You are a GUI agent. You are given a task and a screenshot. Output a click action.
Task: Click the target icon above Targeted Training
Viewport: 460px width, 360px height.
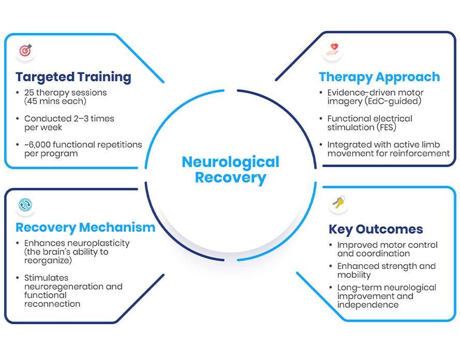(25, 51)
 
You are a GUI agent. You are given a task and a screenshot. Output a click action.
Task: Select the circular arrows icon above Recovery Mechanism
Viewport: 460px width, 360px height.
(25, 205)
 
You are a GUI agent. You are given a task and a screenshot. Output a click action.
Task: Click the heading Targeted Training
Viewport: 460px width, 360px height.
(73, 78)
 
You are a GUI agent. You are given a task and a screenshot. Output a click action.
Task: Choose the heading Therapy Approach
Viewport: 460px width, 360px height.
(379, 78)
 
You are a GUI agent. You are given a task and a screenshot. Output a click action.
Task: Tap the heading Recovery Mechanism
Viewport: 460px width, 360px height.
(85, 227)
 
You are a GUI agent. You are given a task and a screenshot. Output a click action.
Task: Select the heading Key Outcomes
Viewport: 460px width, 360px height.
(376, 229)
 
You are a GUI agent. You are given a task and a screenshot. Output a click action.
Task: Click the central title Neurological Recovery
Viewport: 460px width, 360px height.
(230, 170)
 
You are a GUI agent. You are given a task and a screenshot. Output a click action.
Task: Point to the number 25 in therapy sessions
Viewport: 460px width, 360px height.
(29, 93)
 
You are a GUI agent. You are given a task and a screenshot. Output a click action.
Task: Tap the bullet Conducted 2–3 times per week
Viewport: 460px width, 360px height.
(69, 123)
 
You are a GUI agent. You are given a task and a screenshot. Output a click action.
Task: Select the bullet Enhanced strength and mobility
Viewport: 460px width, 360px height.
(386, 271)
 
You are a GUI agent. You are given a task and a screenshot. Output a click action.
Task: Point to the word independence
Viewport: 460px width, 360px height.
(368, 305)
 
